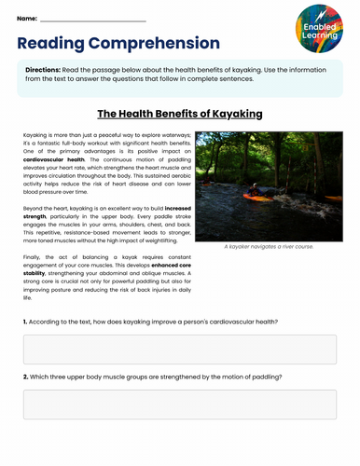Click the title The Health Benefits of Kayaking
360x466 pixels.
(180, 114)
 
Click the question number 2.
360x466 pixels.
(25, 377)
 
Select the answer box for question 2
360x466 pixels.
(179, 404)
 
